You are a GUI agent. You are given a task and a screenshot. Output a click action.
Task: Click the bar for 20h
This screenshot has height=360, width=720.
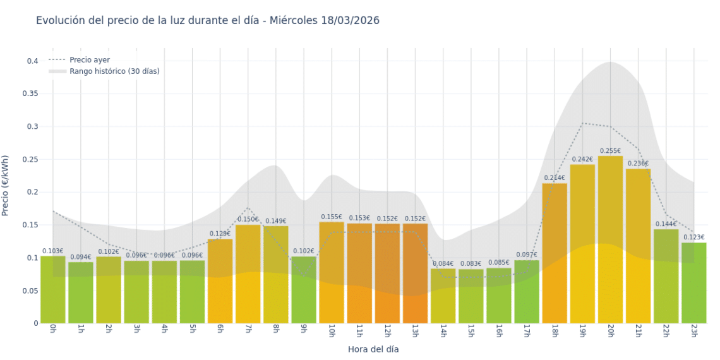pos(610,240)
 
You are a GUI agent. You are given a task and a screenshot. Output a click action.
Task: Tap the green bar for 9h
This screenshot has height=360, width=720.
pos(304,290)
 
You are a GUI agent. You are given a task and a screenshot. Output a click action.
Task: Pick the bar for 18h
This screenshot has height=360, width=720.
pos(555,253)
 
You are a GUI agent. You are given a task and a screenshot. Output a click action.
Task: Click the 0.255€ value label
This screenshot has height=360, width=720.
pos(610,151)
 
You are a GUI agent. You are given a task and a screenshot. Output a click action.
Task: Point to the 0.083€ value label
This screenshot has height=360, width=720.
pos(471,264)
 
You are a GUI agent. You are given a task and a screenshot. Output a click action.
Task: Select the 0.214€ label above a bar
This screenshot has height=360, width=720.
pos(555,178)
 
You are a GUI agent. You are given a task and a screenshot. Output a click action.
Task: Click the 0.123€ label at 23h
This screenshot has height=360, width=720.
pos(693,237)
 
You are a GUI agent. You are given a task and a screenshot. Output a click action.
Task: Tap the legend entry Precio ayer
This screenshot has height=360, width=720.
pos(89,60)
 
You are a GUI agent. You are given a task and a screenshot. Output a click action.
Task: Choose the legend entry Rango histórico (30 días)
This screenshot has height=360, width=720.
pos(114,71)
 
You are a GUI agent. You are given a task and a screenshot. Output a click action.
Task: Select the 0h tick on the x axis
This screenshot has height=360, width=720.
pos(53,330)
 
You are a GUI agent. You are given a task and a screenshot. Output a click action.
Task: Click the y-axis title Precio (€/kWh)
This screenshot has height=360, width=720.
pos(6,186)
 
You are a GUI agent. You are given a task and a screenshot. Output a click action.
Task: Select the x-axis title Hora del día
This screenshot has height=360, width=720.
pos(373,349)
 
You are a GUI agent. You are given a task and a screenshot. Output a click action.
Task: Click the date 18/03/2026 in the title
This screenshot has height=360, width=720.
pos(349,20)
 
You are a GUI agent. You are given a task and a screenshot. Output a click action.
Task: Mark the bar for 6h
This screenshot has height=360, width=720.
pos(220,281)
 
